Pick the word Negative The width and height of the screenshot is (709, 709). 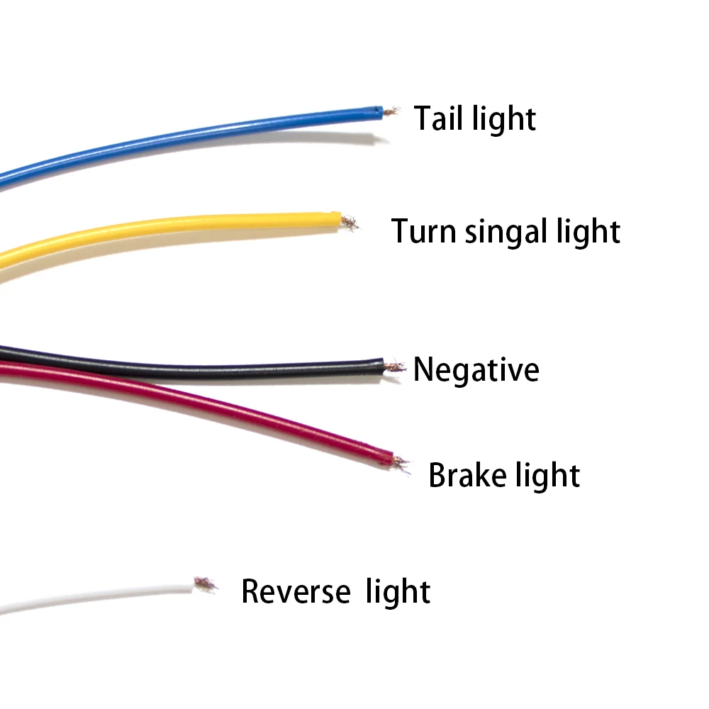(x=476, y=369)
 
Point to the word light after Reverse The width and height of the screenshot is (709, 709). (x=398, y=592)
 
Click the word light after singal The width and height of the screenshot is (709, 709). (x=588, y=232)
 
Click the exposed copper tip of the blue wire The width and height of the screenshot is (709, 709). (x=391, y=111)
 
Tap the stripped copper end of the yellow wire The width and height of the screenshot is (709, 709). (x=348, y=223)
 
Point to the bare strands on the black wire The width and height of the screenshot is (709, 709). (x=393, y=367)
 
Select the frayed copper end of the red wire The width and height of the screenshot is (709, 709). (x=401, y=464)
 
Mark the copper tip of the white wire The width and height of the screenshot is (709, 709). (x=205, y=584)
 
